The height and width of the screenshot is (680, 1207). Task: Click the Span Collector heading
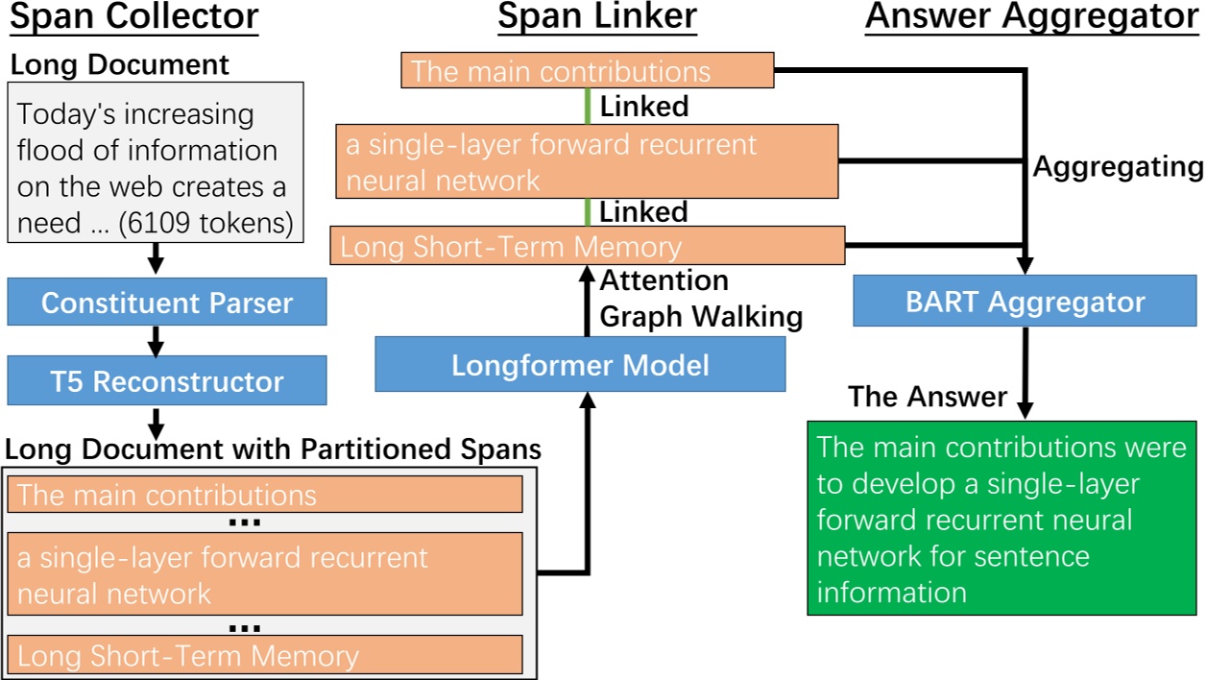pyautogui.click(x=133, y=17)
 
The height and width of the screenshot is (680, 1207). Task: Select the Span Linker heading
pyautogui.click(x=597, y=17)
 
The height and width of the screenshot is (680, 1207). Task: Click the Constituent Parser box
pyautogui.click(x=167, y=303)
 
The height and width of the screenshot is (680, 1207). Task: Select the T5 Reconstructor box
pyautogui.click(x=167, y=381)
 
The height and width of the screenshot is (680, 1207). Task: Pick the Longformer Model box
pyautogui.click(x=580, y=365)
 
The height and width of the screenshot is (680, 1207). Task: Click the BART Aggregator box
pyautogui.click(x=1026, y=302)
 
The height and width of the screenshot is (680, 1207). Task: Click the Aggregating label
pyautogui.click(x=1118, y=167)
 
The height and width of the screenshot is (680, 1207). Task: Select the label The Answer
pyautogui.click(x=928, y=396)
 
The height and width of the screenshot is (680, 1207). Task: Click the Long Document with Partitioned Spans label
pyautogui.click(x=274, y=449)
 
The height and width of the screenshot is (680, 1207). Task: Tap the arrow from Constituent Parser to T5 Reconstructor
pyautogui.click(x=156, y=340)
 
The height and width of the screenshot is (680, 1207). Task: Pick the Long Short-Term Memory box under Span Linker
pyautogui.click(x=587, y=246)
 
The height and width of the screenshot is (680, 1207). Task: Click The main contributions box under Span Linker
pyautogui.click(x=587, y=71)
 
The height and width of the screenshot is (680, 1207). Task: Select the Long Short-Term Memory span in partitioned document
pyautogui.click(x=265, y=655)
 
